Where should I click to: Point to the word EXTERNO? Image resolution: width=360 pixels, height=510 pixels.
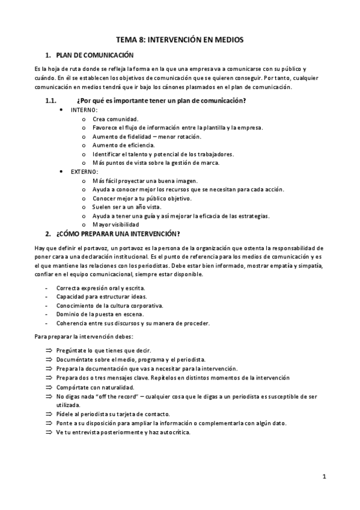pos(85,171)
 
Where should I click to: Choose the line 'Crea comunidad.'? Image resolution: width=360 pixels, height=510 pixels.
pos(115,119)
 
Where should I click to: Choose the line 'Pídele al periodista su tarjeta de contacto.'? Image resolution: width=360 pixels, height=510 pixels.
pos(114,414)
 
